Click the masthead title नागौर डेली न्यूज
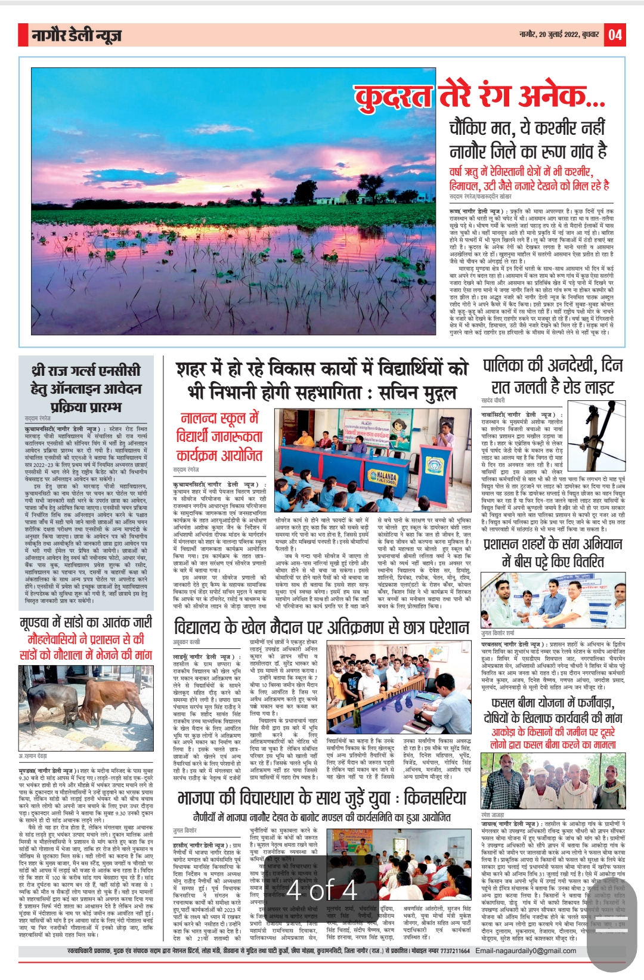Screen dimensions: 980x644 click(x=77, y=36)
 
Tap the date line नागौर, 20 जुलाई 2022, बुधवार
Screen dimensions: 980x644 click(x=559, y=35)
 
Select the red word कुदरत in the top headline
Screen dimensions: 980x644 click(x=394, y=97)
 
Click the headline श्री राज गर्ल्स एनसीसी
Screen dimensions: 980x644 click(x=86, y=371)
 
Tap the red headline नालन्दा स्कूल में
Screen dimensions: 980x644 click(x=219, y=418)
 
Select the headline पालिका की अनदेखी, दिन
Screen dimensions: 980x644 click(x=553, y=365)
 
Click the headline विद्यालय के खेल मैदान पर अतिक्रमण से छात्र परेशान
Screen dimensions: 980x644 click(x=321, y=627)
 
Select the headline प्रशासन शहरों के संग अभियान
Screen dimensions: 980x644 click(x=553, y=544)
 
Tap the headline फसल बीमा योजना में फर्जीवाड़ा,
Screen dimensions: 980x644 click(x=553, y=703)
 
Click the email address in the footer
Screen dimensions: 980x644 click(x=526, y=951)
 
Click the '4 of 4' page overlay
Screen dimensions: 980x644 click(x=321, y=891)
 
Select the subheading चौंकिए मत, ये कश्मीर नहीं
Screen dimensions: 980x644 click(x=527, y=128)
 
